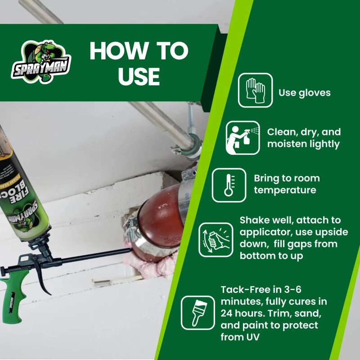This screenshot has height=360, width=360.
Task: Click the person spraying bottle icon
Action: tap(243, 138)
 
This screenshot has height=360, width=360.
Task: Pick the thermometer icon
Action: tap(229, 184)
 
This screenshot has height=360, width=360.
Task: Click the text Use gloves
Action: tap(305, 93)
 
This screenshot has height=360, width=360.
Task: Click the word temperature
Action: tap(285, 190)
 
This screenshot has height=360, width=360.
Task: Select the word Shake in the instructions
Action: tap(254, 220)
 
